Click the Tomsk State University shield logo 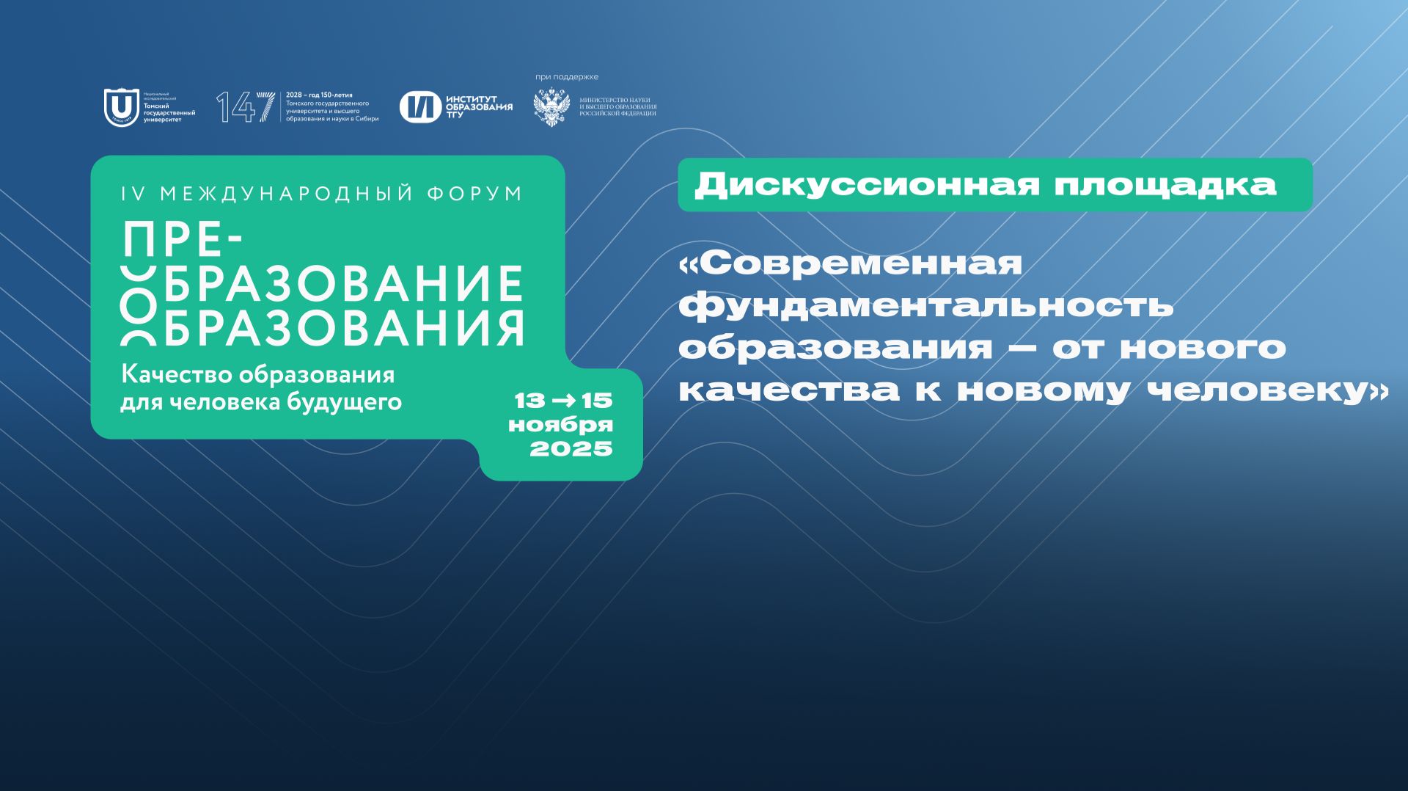121,107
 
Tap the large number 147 237,107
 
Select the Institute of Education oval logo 420,107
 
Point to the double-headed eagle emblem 551,107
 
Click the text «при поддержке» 567,77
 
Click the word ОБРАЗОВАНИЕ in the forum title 343,284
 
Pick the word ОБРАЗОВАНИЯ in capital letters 343,327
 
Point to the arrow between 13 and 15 563,401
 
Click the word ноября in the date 560,425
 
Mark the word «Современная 851,263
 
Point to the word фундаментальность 925,305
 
